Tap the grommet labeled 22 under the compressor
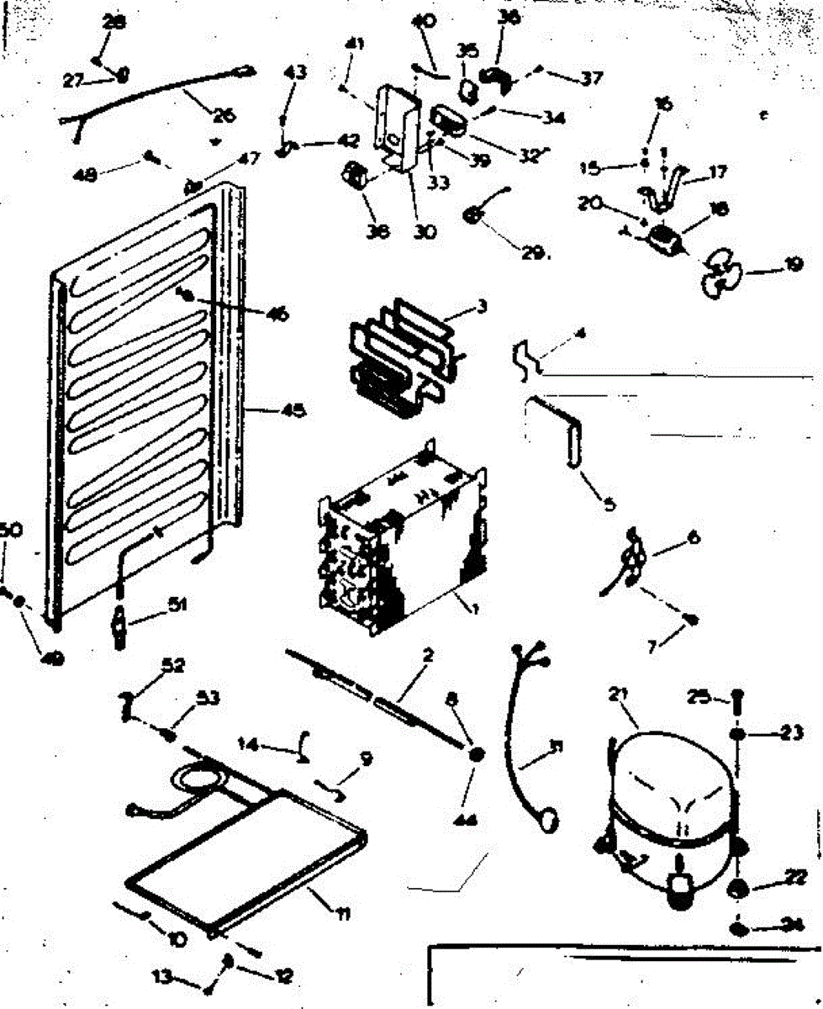pyautogui.click(x=739, y=890)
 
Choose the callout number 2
pyautogui.click(x=428, y=655)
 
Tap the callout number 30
pyautogui.click(x=425, y=231)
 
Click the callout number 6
pyautogui.click(x=694, y=536)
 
